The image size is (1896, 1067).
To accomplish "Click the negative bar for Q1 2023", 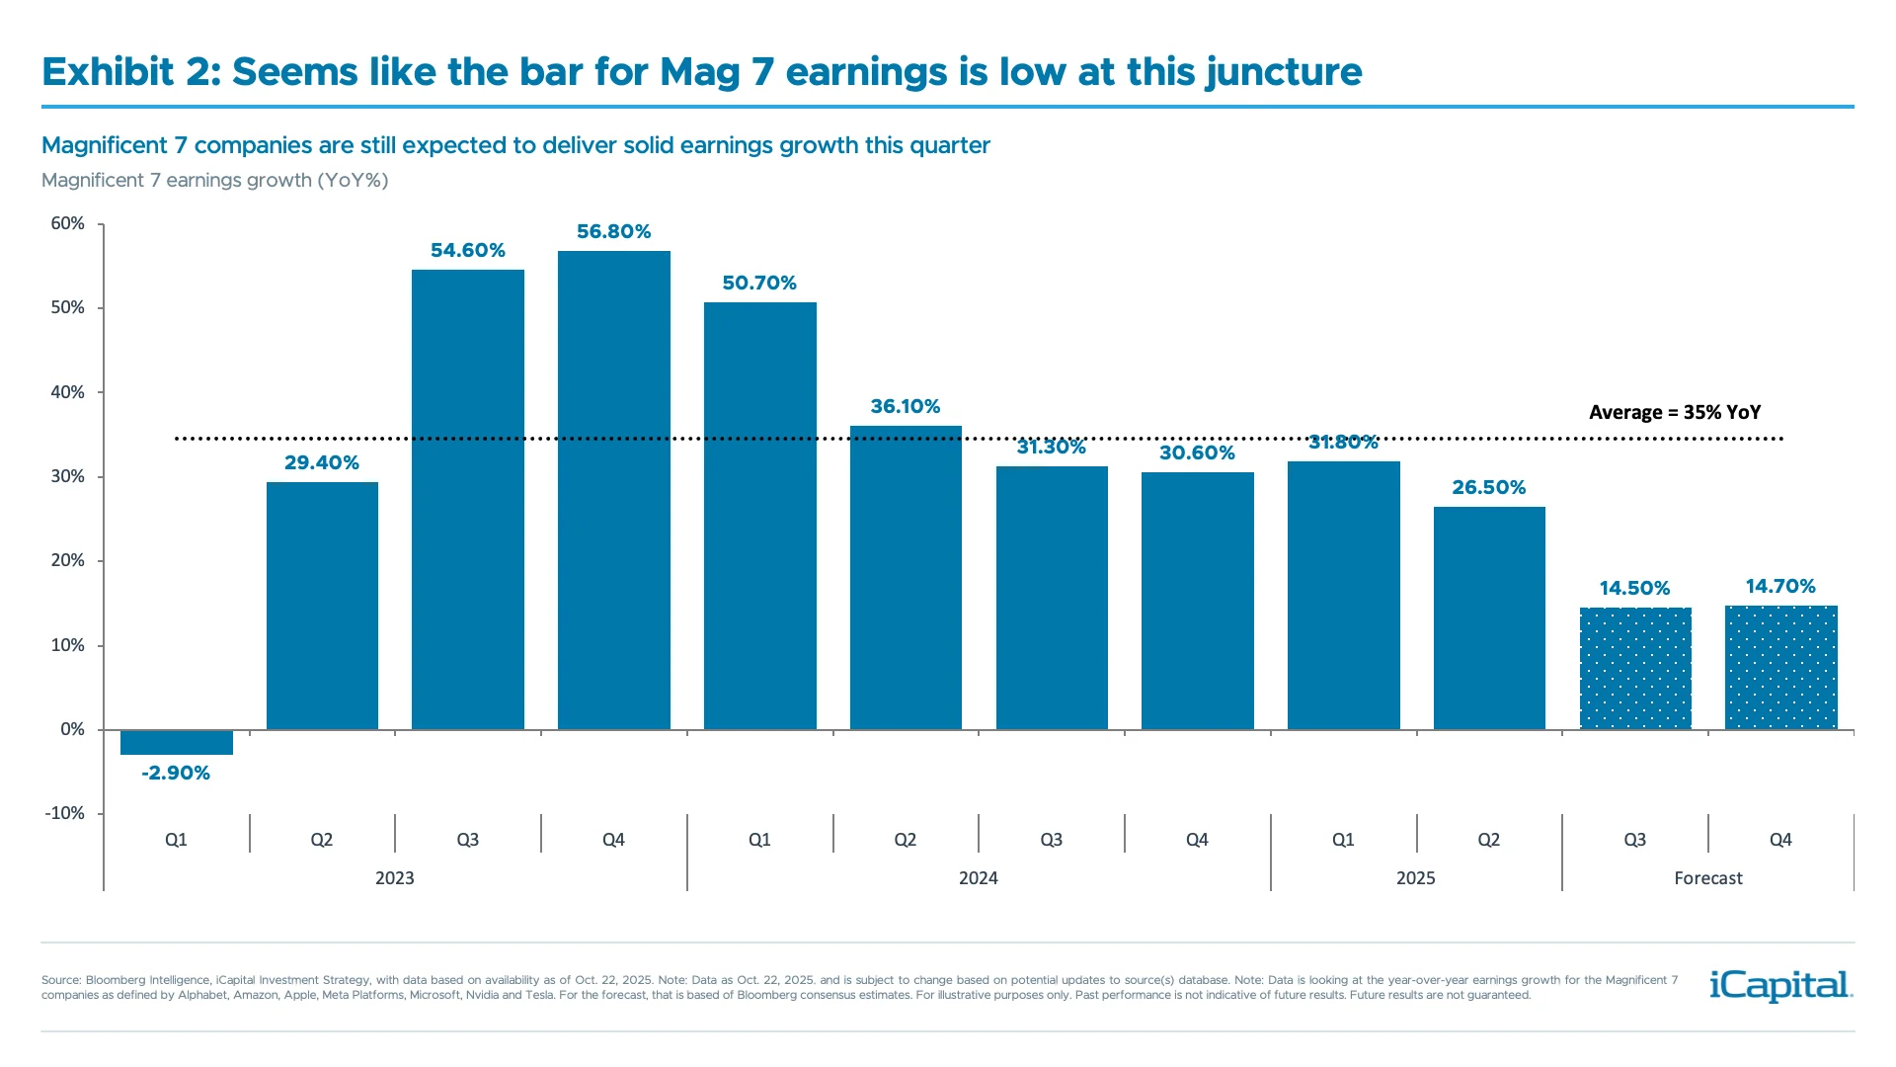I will [176, 742].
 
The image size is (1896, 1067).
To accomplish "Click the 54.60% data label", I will [467, 251].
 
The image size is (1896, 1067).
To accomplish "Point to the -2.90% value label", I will [176, 774].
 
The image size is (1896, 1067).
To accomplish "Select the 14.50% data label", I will [1634, 589].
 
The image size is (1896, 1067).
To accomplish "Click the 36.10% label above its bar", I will [905, 407].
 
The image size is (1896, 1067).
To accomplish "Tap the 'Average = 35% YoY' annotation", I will [1674, 413].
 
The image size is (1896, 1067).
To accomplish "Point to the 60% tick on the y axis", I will [67, 224].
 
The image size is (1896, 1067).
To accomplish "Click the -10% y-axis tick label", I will [64, 814].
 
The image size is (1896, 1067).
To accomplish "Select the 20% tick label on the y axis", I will [67, 561].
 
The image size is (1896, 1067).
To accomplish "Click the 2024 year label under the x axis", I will [978, 878].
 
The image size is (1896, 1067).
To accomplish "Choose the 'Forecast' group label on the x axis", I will [1707, 878].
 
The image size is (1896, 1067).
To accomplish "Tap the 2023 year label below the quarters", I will [394, 878].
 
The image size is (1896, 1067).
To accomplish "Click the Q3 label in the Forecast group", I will [1634, 840].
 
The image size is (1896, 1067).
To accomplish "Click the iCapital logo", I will [1780, 985].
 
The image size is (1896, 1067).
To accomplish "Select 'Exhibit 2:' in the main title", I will [131, 72].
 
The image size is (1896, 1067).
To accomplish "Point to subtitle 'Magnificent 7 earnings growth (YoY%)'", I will [214, 181].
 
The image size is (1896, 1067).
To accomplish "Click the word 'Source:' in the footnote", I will [60, 980].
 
